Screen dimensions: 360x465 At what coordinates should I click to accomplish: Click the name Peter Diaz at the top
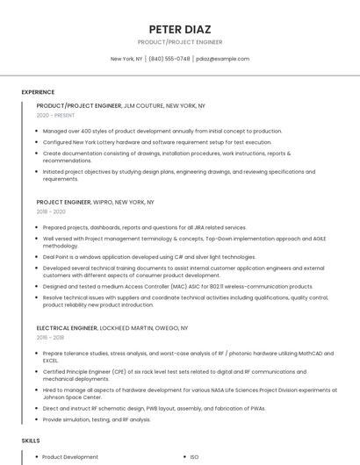point(180,29)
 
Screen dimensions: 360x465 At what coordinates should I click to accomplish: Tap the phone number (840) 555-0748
point(169,59)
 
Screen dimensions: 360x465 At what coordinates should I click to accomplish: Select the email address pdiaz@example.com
point(223,59)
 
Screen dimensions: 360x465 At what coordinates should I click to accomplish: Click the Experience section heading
point(38,92)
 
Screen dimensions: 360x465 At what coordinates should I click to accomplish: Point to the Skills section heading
point(31,440)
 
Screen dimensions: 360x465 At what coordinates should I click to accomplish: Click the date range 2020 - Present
point(55,115)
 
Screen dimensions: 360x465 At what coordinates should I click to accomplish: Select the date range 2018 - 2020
point(51,211)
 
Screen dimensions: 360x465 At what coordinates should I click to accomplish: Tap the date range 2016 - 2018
point(50,337)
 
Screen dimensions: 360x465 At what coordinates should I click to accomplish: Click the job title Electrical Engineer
point(67,327)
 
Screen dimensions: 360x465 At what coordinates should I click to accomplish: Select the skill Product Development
point(70,456)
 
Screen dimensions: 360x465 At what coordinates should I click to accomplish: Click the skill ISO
point(194,456)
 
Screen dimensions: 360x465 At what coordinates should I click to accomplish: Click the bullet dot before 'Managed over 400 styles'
point(37,131)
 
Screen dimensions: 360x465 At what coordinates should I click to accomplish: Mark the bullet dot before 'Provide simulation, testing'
point(37,419)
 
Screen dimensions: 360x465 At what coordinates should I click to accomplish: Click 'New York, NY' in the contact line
point(126,59)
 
